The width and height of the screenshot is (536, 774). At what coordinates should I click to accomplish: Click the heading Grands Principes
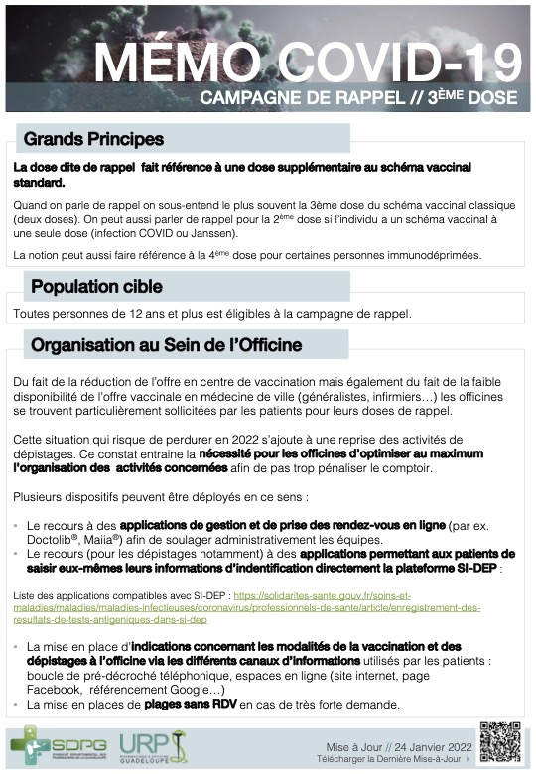[93, 139]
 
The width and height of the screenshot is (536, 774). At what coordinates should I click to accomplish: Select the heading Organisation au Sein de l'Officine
[166, 346]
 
